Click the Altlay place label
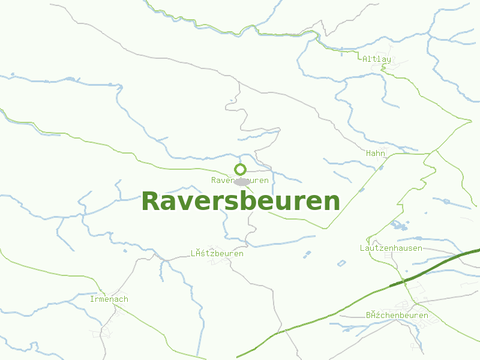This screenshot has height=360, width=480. pos(377,59)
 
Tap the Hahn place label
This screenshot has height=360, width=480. pos(376,154)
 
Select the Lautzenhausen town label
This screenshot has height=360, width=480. pos(391,248)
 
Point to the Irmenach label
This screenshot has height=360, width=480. pos(109,299)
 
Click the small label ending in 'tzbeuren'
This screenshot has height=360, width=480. pos(217,254)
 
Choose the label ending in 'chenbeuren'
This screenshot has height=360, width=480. pos(397,315)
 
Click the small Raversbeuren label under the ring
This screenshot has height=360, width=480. pos(239,180)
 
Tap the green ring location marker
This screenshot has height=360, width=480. pos(240,169)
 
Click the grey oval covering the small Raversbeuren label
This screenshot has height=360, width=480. pos(242,181)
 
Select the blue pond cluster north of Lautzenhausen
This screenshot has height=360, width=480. pos(397,226)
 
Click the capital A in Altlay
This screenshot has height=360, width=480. pos(365,59)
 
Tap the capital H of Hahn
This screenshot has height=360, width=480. pos(368,154)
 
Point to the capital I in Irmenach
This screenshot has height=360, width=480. pos(92,299)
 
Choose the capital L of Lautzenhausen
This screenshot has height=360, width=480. pos(362,248)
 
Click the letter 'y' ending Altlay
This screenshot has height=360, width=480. pos(389,59)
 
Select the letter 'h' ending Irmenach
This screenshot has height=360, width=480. pos(126,299)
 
